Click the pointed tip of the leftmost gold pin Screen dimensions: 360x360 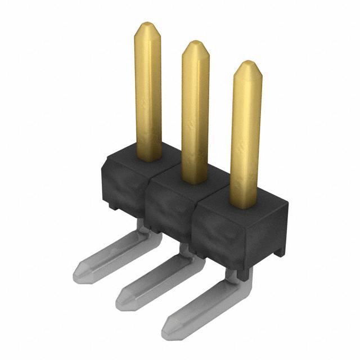click(147, 25)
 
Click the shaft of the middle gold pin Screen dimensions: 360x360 click(195, 112)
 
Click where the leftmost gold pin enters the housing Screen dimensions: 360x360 click(149, 158)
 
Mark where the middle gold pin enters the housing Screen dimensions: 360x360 click(195, 180)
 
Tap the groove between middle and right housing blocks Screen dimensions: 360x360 click(193, 225)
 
